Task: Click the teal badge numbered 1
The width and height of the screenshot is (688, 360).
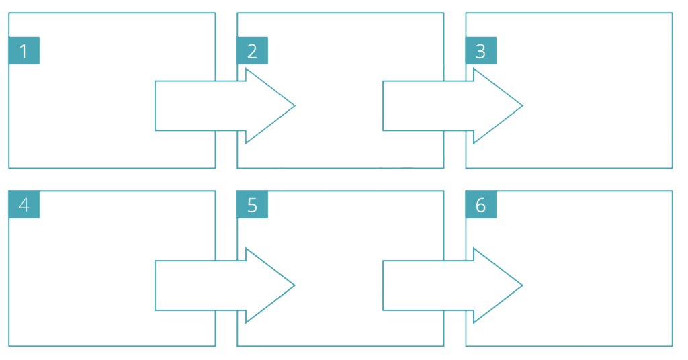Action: click(24, 51)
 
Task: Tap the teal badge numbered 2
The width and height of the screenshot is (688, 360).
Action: click(252, 51)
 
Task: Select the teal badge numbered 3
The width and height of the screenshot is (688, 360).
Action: click(480, 51)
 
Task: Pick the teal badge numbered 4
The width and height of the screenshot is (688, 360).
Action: click(24, 204)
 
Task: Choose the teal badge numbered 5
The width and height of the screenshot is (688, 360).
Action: click(252, 204)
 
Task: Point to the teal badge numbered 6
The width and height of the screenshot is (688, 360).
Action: click(480, 204)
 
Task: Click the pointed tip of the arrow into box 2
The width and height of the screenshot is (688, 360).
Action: click(292, 105)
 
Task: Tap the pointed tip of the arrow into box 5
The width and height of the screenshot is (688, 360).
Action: click(292, 285)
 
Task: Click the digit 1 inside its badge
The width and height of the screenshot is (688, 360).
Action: click(24, 52)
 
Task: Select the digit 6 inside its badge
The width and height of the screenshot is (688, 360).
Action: click(480, 205)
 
